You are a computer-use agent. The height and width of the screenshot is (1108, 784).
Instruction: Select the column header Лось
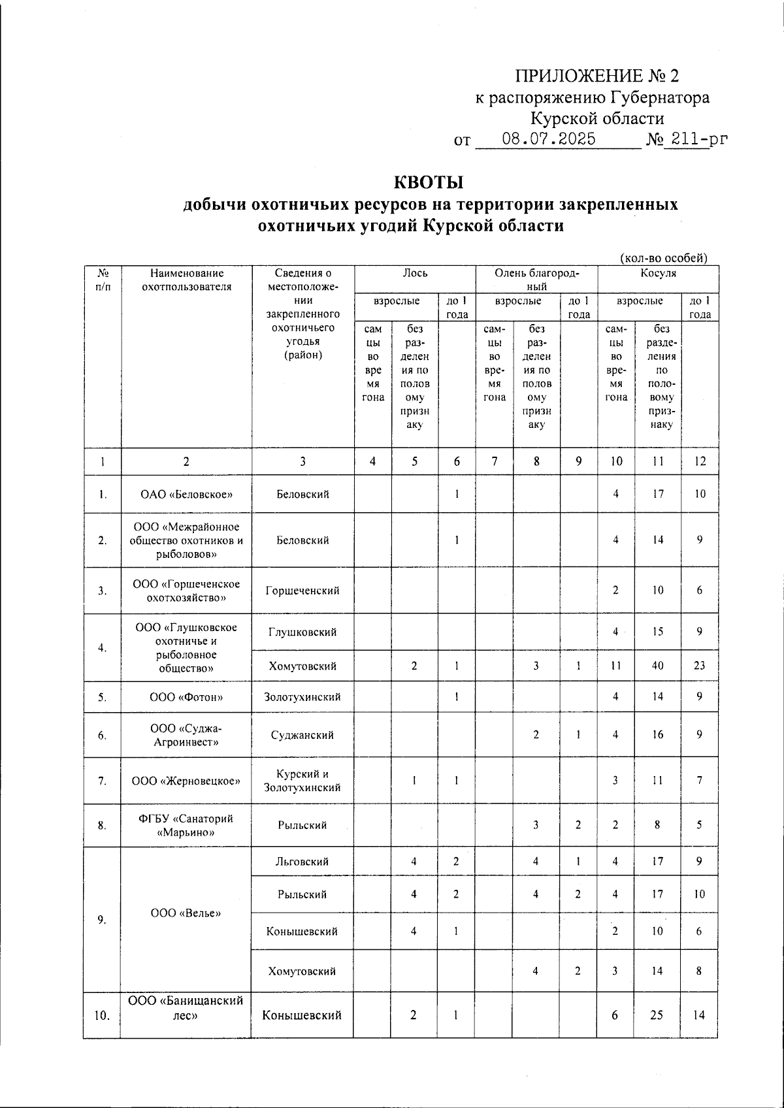pos(415,273)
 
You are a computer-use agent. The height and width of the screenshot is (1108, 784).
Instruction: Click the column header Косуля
pos(658,273)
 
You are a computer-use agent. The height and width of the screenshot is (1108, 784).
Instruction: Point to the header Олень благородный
pos(536,279)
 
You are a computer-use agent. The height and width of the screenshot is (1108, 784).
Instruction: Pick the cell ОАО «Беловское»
pos(186,494)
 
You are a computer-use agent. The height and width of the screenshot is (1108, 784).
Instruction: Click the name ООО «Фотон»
pos(186,697)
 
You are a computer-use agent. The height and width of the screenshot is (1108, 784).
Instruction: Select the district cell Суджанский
pos(302,735)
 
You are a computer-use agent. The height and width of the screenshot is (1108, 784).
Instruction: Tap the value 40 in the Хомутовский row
pos(657,666)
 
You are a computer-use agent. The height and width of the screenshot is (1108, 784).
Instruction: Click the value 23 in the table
pos(699,666)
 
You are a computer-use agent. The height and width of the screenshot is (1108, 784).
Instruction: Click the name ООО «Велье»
pos(186,913)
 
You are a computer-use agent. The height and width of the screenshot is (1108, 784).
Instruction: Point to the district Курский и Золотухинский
pos(302,781)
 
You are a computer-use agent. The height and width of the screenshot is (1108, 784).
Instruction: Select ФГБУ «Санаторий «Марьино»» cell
pos(186,825)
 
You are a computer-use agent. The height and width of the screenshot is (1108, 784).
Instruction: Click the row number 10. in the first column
pos(102,1015)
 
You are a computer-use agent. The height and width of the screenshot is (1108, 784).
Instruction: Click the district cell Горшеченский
pos(302,591)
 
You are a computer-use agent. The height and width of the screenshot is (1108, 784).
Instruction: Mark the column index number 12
pos(700,461)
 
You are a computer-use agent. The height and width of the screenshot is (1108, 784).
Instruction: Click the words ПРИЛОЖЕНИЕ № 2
pos(597,76)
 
